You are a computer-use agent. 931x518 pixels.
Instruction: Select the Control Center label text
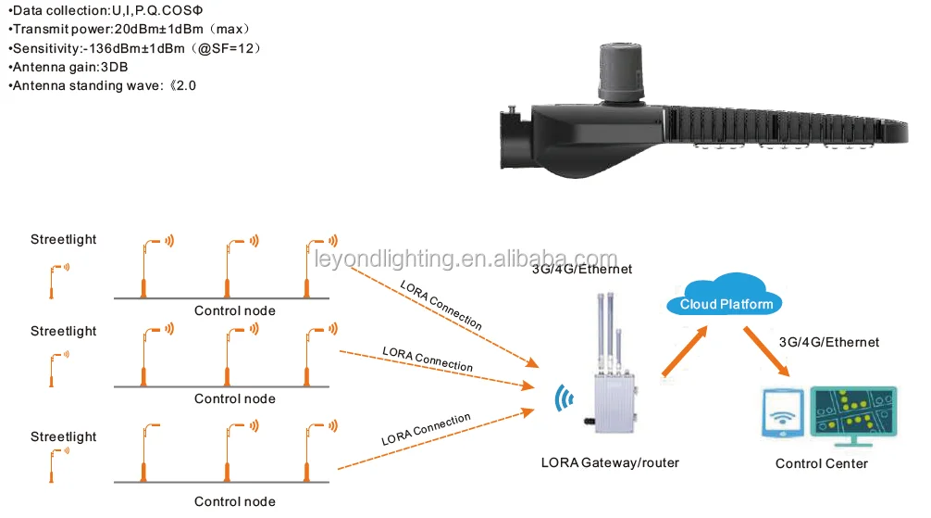pos(821,462)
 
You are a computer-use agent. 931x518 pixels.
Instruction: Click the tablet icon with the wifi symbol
pos(783,415)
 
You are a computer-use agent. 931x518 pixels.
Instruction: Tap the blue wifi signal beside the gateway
pos(561,398)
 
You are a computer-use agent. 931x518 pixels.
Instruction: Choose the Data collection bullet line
pos(107,9)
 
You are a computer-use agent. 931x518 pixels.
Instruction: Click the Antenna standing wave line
pos(102,86)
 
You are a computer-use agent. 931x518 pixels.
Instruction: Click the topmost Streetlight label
pos(63,239)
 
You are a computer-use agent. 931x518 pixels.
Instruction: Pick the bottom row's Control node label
pos(234,501)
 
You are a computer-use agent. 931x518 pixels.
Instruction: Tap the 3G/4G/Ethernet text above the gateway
pos(581,270)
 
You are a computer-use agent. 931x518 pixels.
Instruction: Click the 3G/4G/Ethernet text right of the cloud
pos(829,342)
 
